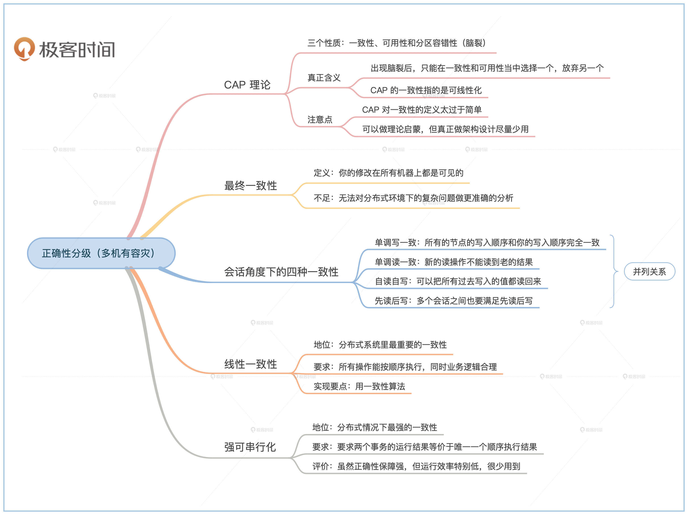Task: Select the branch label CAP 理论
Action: point(247,85)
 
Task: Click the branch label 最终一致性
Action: point(250,185)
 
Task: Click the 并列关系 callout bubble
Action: point(650,272)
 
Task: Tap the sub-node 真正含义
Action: point(324,78)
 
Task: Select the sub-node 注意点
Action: point(320,120)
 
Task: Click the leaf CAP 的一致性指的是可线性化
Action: point(426,90)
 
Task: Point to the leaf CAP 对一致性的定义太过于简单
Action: point(422,110)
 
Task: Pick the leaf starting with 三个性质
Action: point(396,43)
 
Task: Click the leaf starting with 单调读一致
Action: point(454,262)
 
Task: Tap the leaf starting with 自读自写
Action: point(458,282)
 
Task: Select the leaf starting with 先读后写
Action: point(454,301)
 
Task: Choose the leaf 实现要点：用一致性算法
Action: point(359,386)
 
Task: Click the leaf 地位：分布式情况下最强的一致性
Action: point(375,427)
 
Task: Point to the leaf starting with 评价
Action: point(416,466)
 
